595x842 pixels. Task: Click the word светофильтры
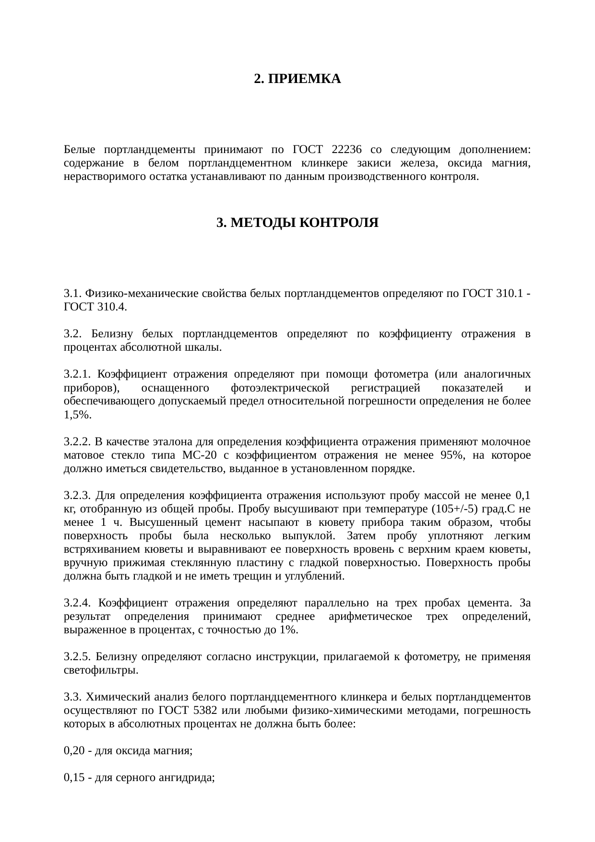101,670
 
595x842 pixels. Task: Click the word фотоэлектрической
280,387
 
